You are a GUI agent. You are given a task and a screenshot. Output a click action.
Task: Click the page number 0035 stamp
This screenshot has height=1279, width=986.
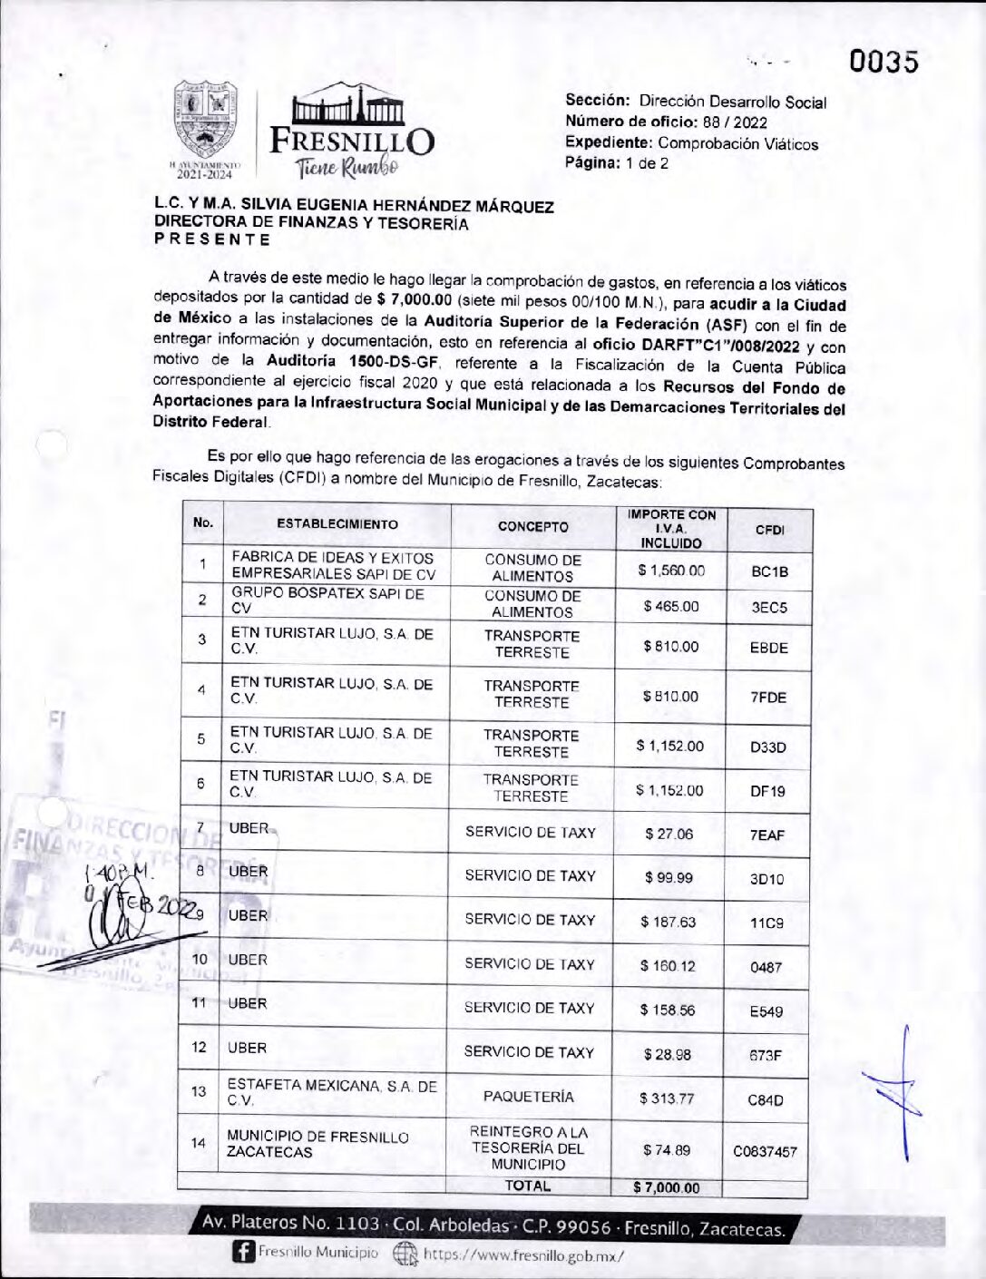[x=883, y=62]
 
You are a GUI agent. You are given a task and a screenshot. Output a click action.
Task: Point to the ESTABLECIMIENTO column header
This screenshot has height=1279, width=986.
[x=337, y=524]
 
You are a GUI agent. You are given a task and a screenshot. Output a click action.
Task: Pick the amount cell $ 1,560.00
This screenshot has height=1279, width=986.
[x=671, y=571]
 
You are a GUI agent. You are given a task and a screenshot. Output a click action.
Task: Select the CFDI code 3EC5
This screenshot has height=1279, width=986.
[x=769, y=608]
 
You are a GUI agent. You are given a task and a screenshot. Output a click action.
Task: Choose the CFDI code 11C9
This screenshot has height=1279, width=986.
[x=766, y=923]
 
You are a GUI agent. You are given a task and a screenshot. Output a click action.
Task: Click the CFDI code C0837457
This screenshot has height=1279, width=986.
[x=765, y=1151]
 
